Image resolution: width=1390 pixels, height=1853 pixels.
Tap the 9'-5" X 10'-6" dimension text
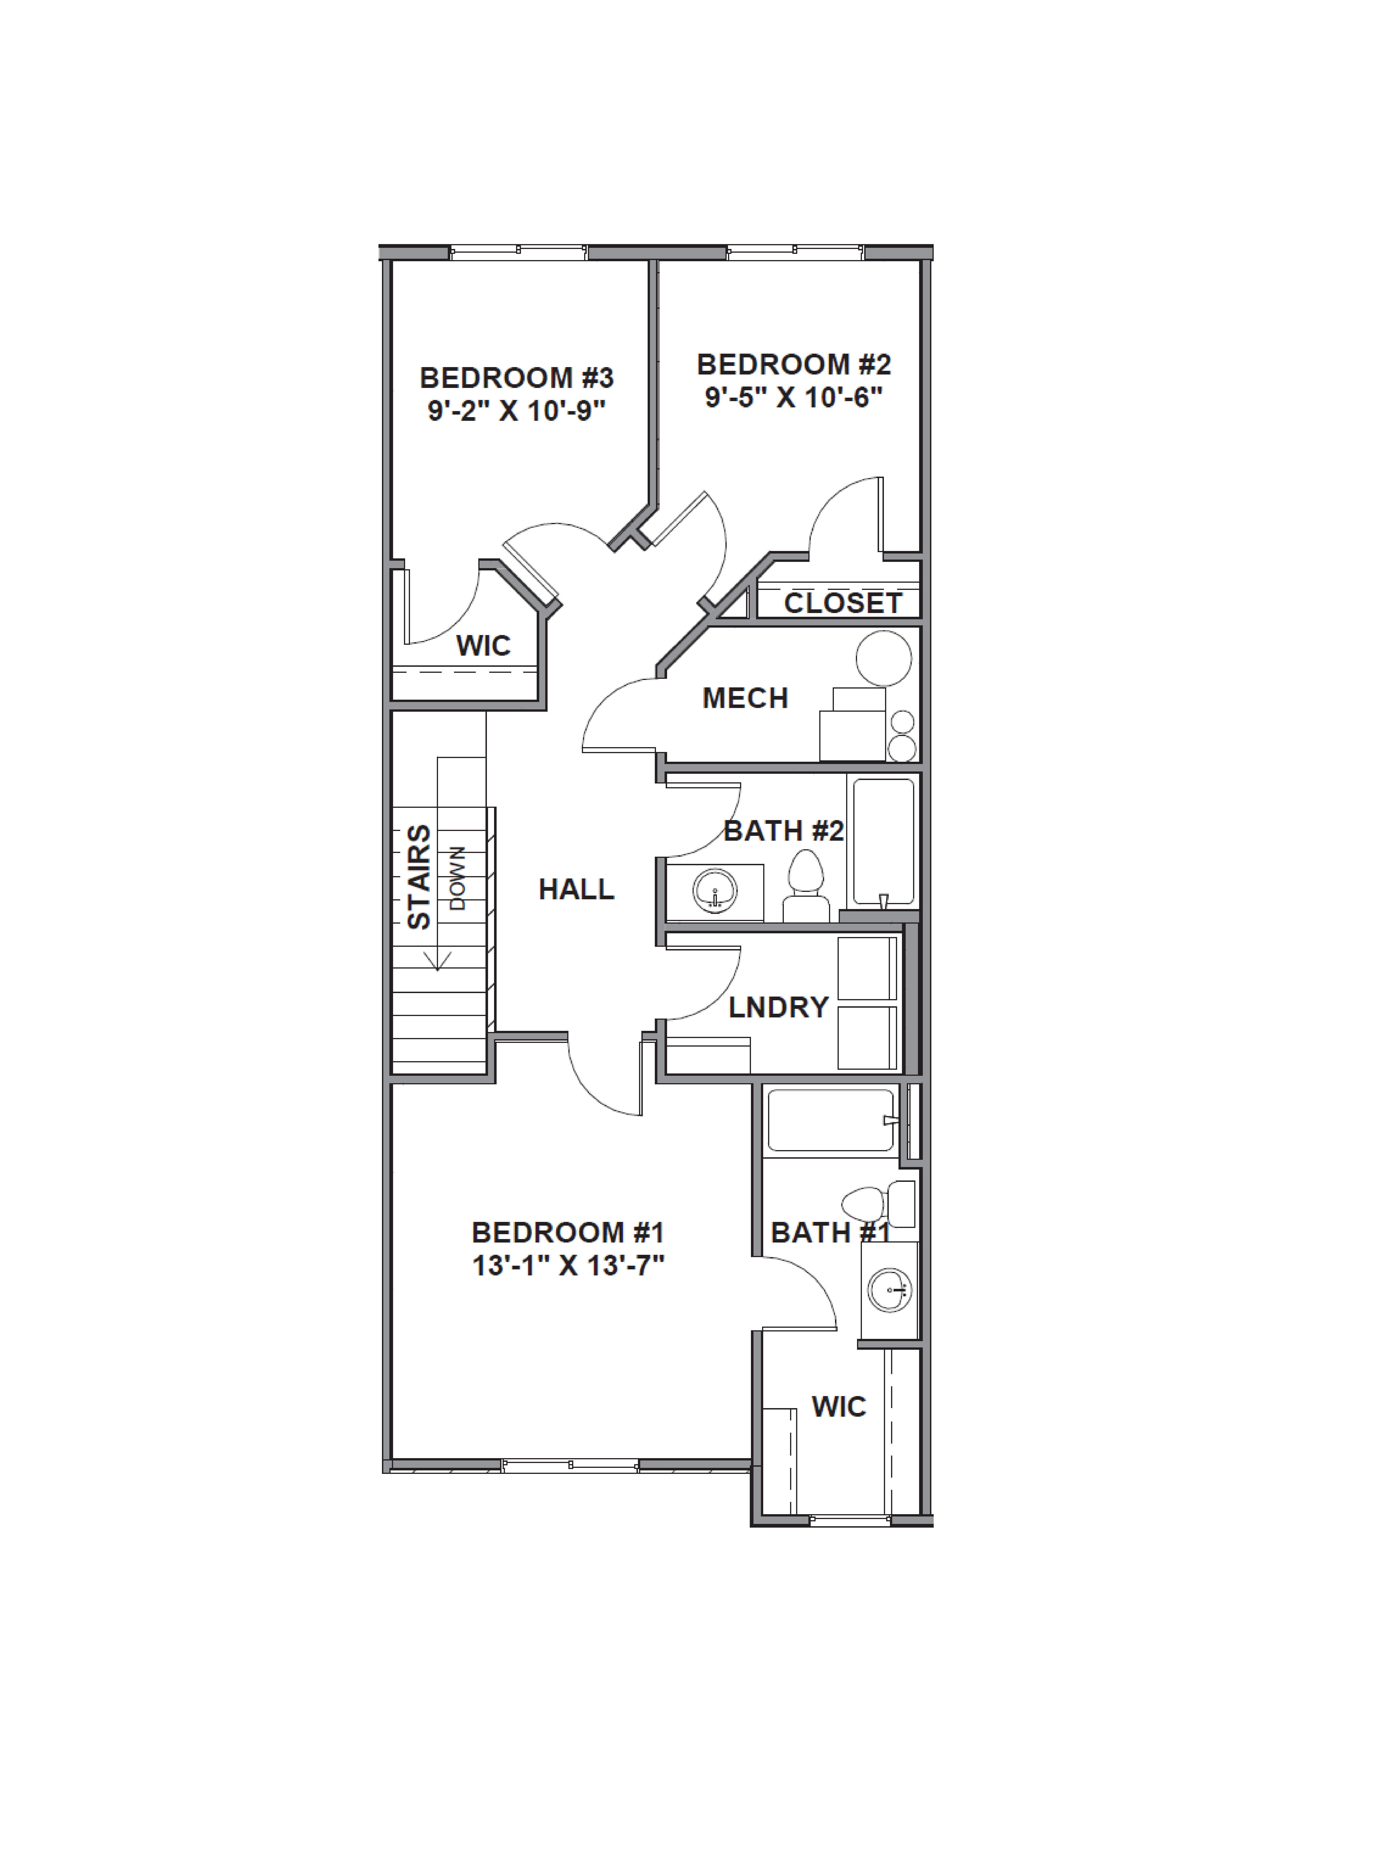(794, 397)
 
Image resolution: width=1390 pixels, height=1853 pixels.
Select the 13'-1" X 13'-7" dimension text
(568, 1265)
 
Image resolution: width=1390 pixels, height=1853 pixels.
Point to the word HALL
(577, 889)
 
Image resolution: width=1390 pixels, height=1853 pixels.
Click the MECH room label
(745, 698)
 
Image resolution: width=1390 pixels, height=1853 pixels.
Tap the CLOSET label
(842, 603)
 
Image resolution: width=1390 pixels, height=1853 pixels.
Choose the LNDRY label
(778, 1007)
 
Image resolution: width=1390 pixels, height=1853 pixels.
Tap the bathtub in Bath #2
(883, 842)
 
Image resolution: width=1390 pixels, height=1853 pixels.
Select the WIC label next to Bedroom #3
(483, 646)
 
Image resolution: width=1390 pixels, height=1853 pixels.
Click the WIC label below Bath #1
(839, 1406)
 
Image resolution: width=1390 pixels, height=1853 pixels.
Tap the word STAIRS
(419, 877)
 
